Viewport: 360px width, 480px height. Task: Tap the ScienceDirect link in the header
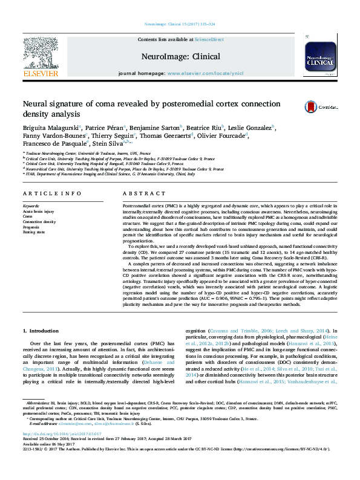pos(209,39)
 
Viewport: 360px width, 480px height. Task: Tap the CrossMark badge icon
pos(320,107)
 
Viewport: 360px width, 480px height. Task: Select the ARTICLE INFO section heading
pos(52,193)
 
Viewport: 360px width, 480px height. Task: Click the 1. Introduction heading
pos(41,331)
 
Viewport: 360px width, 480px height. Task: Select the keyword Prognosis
pos(31,226)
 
